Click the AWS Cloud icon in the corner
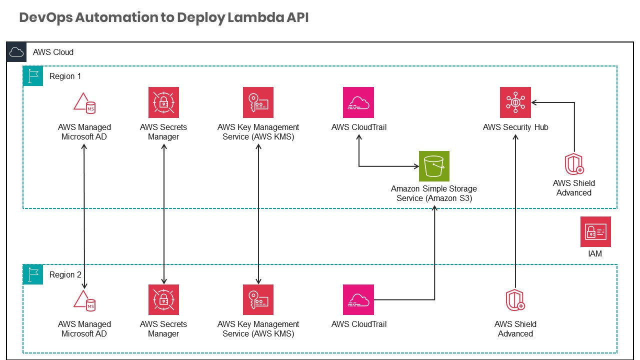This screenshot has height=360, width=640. tap(16, 52)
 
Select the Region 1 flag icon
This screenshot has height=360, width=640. tap(33, 76)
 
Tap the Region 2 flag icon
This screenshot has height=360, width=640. tap(33, 274)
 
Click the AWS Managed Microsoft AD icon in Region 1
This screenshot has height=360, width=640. tap(84, 102)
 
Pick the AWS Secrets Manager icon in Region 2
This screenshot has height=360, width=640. tap(163, 299)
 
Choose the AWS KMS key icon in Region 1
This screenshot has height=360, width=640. tap(258, 102)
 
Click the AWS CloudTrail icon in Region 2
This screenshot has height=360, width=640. tap(358, 299)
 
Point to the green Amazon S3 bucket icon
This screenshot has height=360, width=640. tap(434, 166)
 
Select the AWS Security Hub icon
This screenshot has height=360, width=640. tap(515, 102)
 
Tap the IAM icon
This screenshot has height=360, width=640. tap(595, 231)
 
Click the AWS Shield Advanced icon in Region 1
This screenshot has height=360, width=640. tap(574, 163)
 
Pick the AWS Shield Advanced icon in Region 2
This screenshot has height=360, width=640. tap(515, 299)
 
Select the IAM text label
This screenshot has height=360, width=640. tap(595, 254)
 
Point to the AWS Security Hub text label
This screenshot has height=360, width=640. tap(515, 127)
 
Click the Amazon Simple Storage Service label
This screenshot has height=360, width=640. tap(434, 193)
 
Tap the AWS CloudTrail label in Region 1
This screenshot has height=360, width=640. tap(358, 127)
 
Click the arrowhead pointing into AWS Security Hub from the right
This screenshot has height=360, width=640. tap(534, 102)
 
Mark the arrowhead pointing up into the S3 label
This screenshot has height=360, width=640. tap(434, 207)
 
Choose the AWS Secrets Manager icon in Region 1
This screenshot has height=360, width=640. tap(163, 102)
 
